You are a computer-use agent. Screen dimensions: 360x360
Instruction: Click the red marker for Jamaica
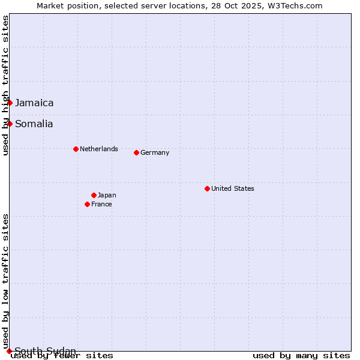10,103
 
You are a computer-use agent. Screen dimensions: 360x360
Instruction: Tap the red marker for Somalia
10,124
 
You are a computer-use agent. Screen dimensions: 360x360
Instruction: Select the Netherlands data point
76,149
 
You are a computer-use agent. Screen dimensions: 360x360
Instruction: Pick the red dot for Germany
136,152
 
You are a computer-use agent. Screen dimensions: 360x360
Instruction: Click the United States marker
207,188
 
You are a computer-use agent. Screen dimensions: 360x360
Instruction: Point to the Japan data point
94,195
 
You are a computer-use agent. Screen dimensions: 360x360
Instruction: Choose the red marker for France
87,204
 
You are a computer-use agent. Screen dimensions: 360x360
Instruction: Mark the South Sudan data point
9,351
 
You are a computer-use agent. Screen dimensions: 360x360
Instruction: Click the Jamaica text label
34,103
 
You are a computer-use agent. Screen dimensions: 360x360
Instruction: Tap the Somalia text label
34,124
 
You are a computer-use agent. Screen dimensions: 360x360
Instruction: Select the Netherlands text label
99,149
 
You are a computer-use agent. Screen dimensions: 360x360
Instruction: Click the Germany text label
155,152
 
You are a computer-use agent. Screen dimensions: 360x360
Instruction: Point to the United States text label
233,188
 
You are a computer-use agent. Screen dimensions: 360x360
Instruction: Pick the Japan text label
107,195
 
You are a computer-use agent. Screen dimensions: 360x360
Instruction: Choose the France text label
101,204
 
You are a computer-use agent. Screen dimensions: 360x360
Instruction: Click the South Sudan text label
46,351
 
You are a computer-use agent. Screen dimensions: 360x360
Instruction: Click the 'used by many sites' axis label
301,356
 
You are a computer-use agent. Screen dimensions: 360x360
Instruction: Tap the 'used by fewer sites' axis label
62,356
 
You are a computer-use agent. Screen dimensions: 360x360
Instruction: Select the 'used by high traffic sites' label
5,85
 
